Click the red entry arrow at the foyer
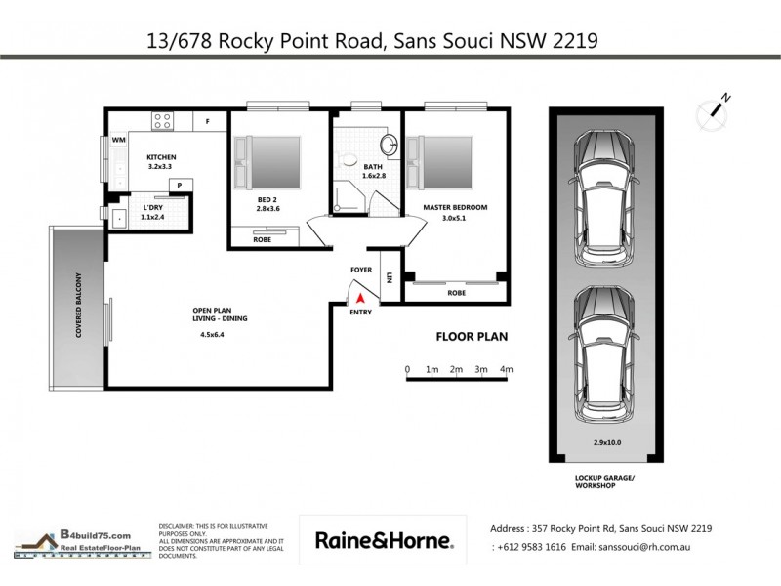[x=360, y=297]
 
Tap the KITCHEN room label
[x=160, y=157]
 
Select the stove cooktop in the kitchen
[x=161, y=122]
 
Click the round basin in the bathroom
[x=389, y=146]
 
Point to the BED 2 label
[x=268, y=198]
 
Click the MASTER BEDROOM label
[x=454, y=207]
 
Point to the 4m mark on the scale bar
[x=506, y=370]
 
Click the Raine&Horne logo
[x=382, y=540]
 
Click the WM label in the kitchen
[x=118, y=141]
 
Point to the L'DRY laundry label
[x=151, y=208]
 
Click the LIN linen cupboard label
[x=389, y=278]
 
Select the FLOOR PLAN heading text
[x=471, y=337]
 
